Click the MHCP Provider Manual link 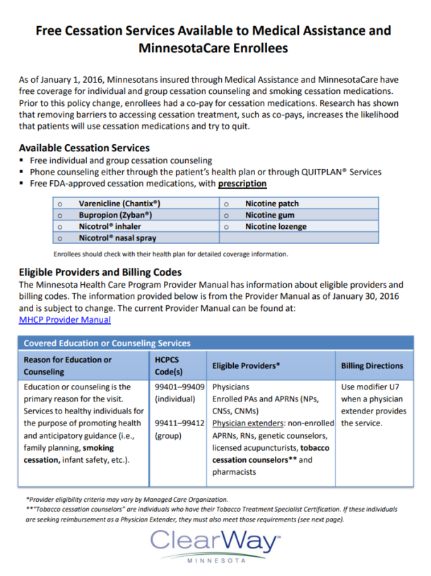[x=65, y=319]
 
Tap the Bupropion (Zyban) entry [x=115, y=215]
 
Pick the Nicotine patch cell [x=272, y=204]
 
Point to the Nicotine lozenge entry [x=276, y=227]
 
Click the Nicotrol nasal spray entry [x=117, y=238]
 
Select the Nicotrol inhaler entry [x=110, y=227]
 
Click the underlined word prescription [x=242, y=184]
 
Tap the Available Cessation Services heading [x=84, y=148]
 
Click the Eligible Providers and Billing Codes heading [x=100, y=272]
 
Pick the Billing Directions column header [x=372, y=366]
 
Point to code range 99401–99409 [x=179, y=387]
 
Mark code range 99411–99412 [x=179, y=423]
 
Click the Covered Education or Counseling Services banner [x=107, y=343]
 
